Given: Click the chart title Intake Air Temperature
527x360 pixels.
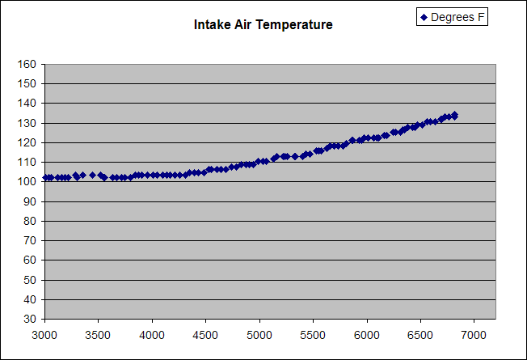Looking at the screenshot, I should (263, 25).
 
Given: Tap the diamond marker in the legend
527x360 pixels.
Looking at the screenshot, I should (424, 17).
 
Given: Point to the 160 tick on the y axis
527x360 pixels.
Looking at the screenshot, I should (27, 64).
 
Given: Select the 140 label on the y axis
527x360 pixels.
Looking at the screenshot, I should (27, 104).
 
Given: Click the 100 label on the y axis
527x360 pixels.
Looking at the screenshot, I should (27, 182).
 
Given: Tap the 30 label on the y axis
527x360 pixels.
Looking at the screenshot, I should (29, 319).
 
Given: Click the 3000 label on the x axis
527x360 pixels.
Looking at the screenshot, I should (44, 334).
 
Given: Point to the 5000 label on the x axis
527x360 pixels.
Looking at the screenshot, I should (259, 334).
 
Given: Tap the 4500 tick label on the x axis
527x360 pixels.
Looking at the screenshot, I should (205, 334).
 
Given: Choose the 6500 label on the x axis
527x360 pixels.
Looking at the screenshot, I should (419, 334).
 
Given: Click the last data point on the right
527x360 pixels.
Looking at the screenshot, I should (454, 116).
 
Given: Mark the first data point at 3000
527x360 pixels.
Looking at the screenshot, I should (45, 177).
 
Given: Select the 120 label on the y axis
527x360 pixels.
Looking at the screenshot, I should (27, 142).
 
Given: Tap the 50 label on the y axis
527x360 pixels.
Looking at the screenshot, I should (29, 280).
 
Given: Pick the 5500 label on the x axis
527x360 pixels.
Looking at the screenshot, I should (313, 334).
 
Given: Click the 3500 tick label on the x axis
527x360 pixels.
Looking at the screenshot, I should (98, 334).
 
